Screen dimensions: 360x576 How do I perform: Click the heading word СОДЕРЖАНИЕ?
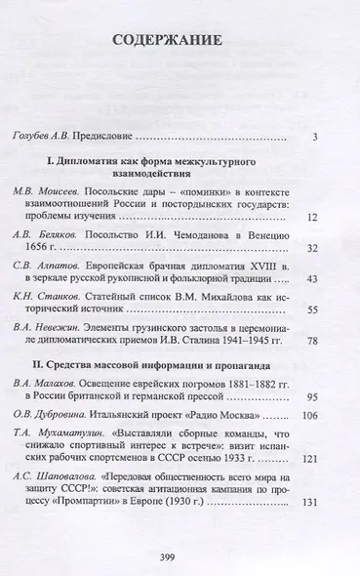coord(180,43)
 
